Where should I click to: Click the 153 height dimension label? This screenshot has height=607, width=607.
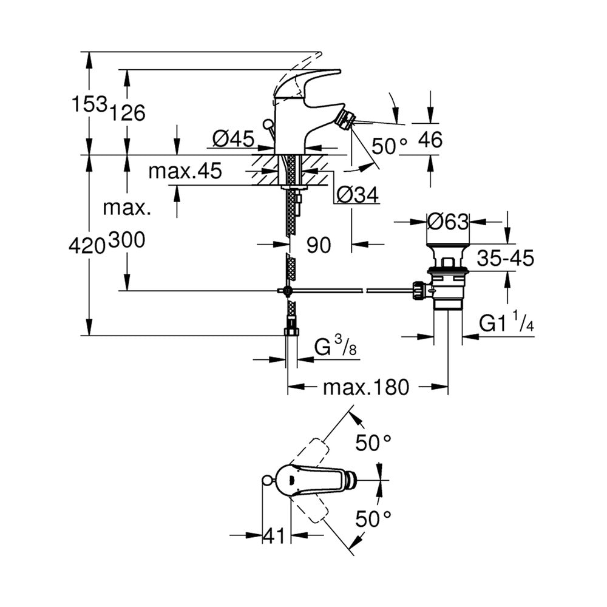tap(89, 104)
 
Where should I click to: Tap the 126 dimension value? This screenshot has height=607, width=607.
tap(127, 113)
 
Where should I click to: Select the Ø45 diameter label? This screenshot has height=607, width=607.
tap(234, 138)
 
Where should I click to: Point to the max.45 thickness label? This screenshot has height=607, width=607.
tap(185, 171)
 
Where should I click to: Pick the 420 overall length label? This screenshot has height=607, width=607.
tap(87, 246)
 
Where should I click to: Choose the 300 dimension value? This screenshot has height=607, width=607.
tap(127, 240)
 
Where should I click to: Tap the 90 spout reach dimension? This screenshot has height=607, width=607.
tap(319, 245)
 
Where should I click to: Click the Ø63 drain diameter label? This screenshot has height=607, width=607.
tap(448, 222)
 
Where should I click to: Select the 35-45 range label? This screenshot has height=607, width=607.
tap(505, 258)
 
